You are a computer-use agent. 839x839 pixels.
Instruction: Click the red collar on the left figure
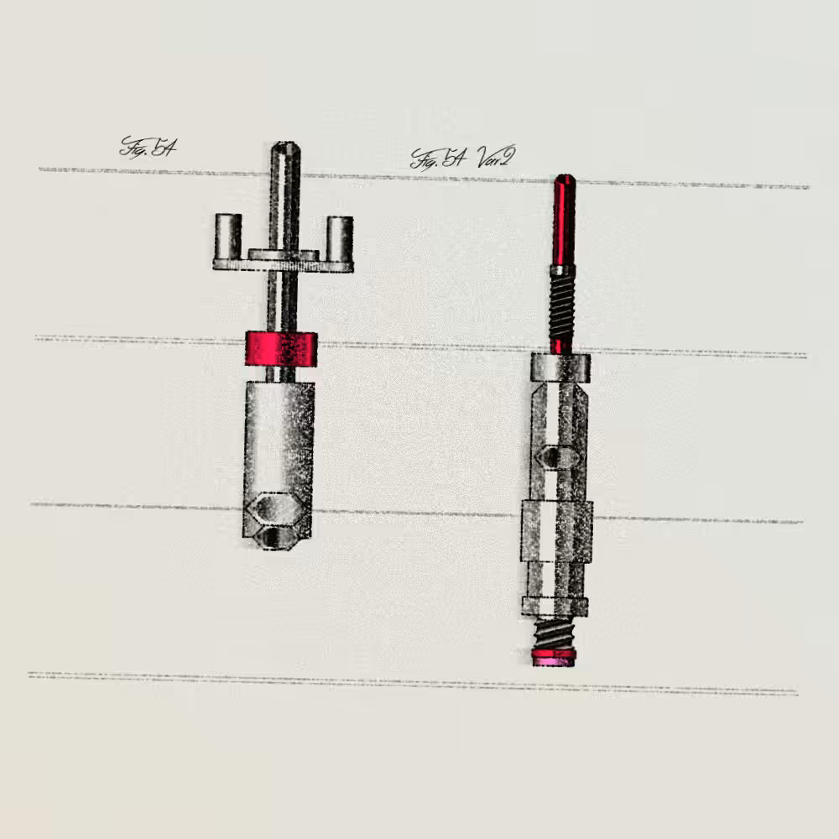pos(281,349)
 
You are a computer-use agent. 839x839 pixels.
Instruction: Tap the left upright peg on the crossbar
pos(228,237)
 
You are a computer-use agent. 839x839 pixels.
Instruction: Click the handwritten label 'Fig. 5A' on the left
pos(148,147)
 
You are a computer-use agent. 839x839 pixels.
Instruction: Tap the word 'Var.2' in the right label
pos(496,156)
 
